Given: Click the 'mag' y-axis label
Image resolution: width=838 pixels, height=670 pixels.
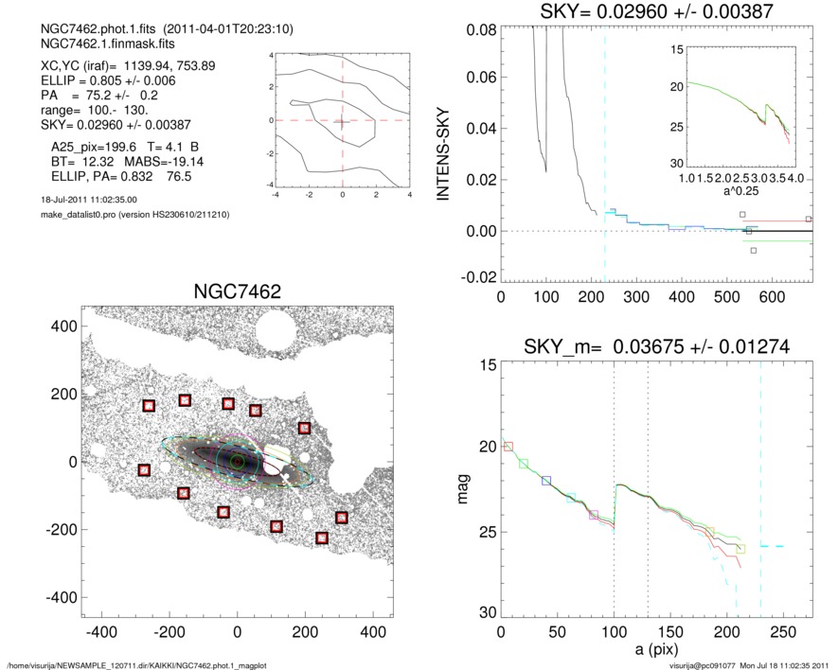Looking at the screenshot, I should pyautogui.click(x=464, y=489).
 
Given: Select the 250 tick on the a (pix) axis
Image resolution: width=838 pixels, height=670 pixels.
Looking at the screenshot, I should pyautogui.click(x=783, y=631).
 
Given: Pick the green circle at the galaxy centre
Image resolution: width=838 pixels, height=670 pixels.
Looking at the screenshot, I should pyautogui.click(x=238, y=461).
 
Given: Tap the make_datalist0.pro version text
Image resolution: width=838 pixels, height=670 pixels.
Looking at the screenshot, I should pyautogui.click(x=130, y=215).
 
